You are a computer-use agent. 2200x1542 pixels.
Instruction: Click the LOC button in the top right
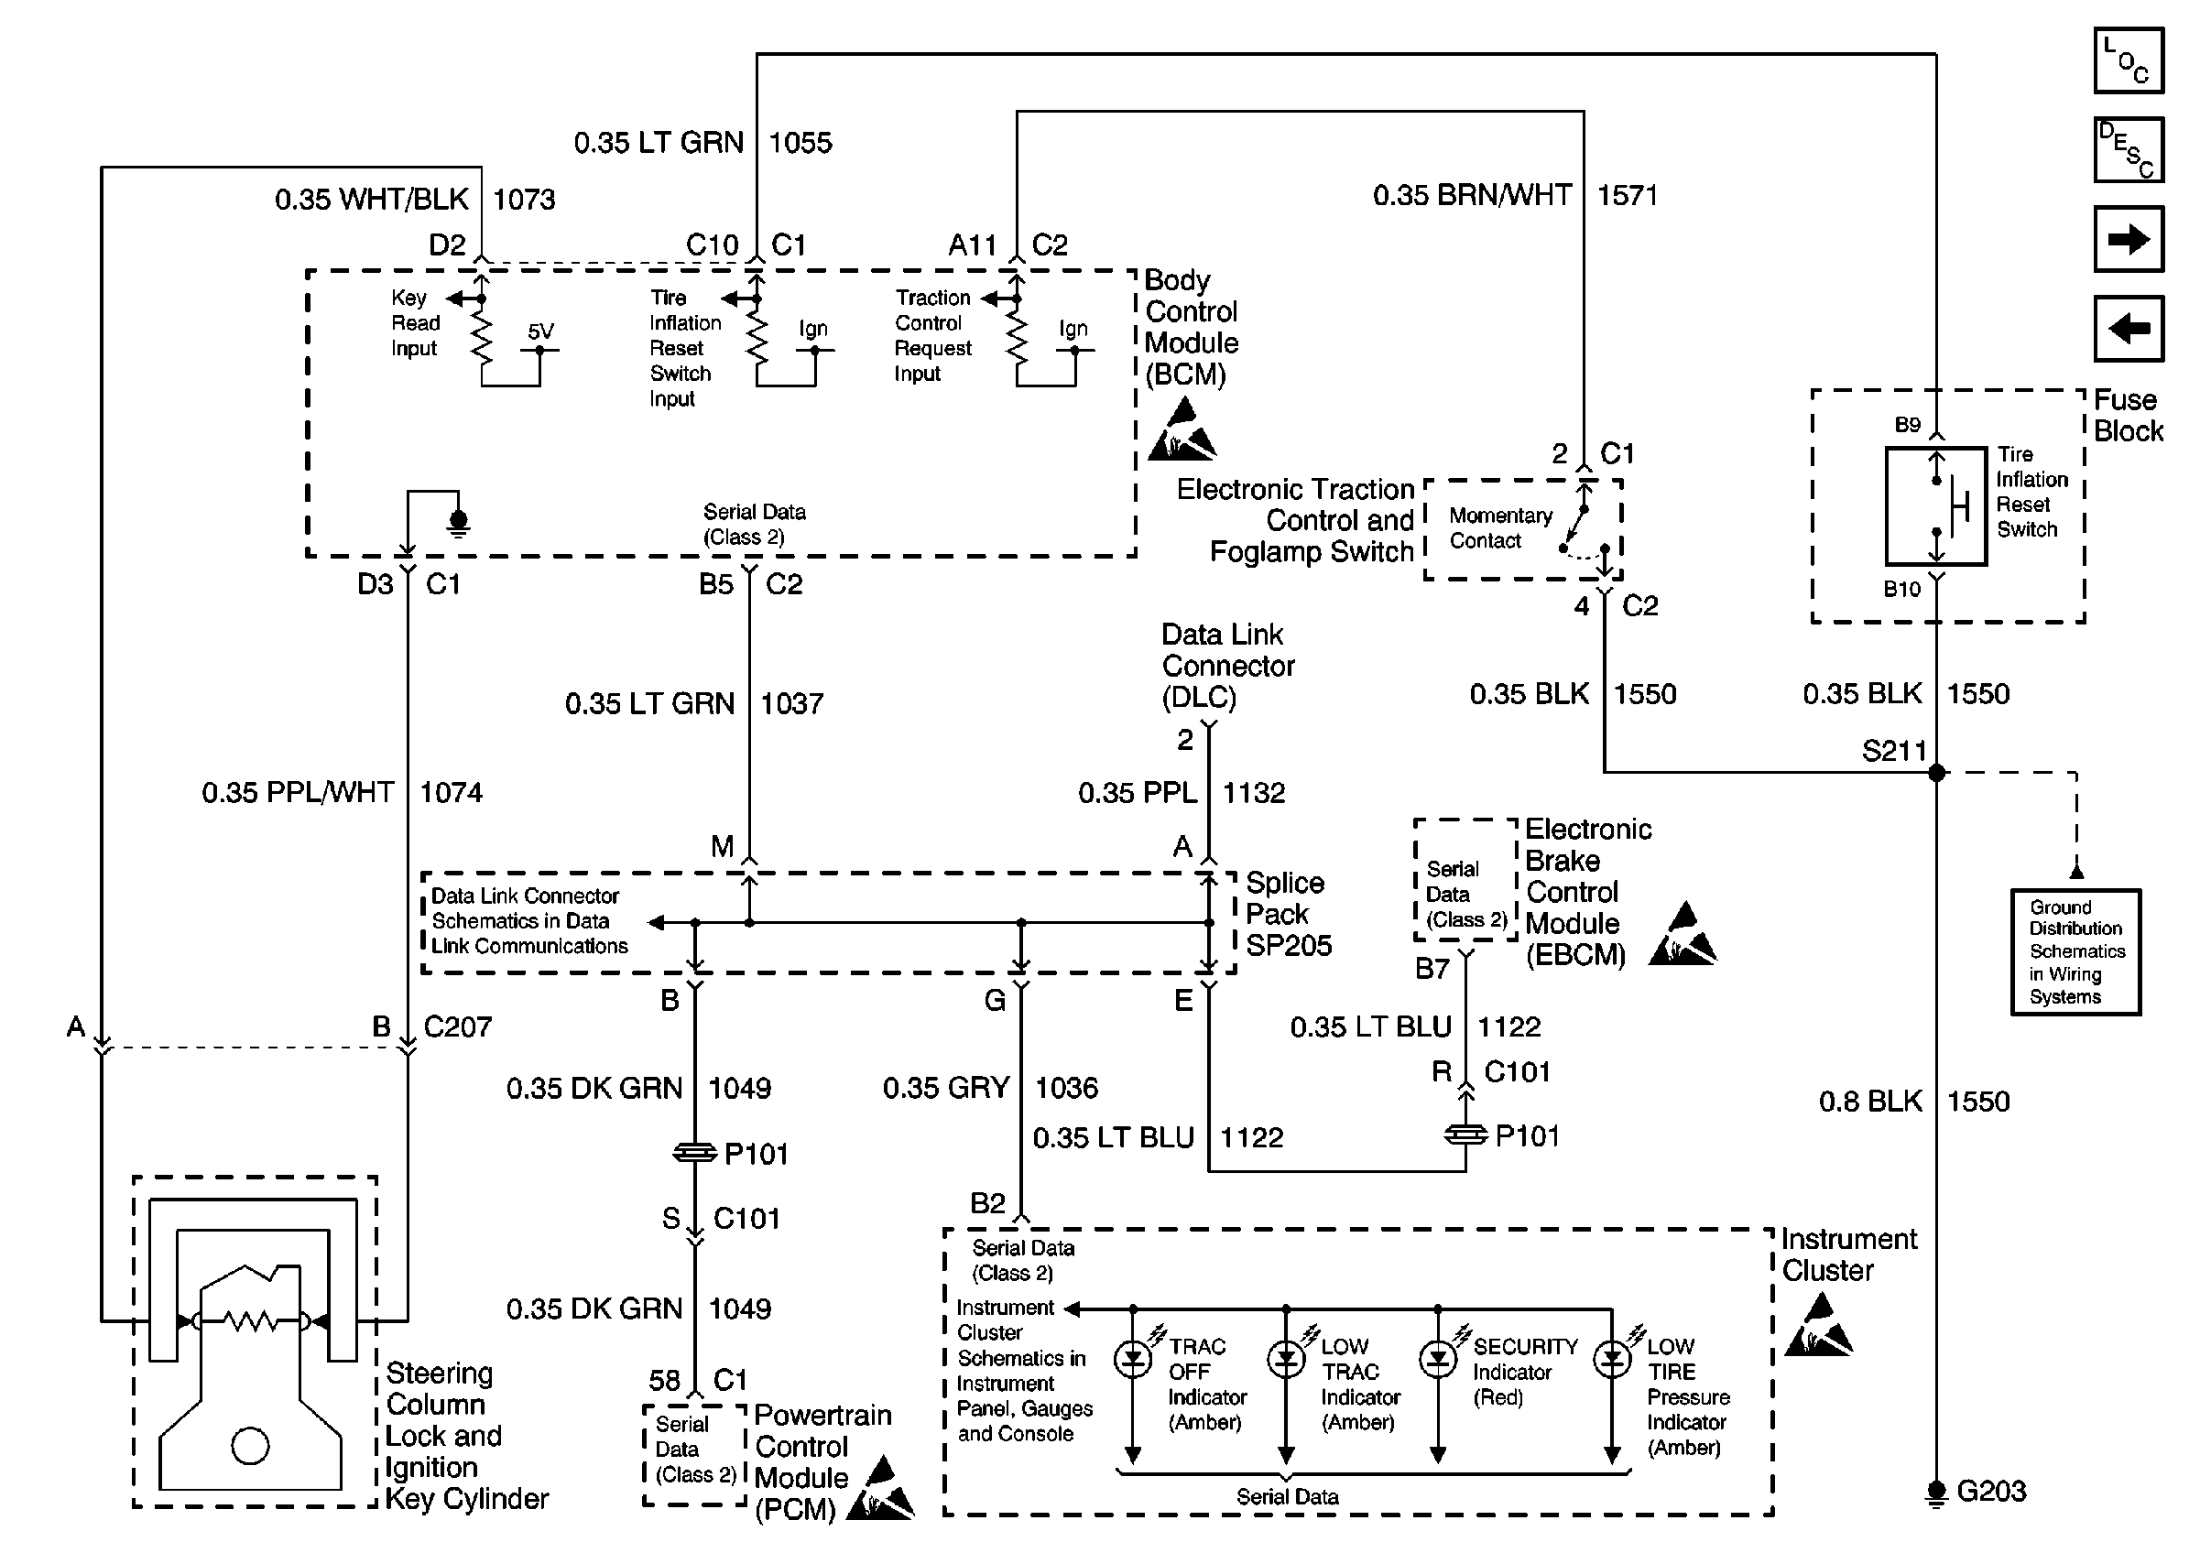coord(2129,61)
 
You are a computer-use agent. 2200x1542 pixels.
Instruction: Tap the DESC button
coord(2129,150)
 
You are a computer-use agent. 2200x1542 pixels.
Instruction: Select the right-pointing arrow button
coord(2129,239)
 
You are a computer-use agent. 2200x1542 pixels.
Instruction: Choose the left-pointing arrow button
coord(2129,329)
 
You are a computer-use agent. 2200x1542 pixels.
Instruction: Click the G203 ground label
coord(1990,1492)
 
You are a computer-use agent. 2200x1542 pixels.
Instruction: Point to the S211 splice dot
coord(1936,772)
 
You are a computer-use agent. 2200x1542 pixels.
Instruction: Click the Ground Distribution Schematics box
coord(2075,952)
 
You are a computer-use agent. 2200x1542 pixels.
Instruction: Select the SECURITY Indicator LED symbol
coord(1437,1359)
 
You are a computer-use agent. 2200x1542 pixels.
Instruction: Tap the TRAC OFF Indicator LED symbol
coord(1133,1359)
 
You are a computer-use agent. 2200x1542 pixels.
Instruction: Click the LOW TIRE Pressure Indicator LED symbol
coord(1612,1359)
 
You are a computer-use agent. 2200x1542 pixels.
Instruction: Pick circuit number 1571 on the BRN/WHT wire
coord(1626,195)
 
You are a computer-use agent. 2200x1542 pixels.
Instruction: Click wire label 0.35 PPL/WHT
coord(297,793)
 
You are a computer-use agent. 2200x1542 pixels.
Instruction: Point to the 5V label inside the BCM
coord(540,331)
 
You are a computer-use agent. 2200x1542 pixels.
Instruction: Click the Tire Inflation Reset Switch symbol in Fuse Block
coord(1936,505)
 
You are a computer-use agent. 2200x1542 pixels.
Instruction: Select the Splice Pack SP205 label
coord(1288,914)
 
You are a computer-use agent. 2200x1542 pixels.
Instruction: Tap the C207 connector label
coord(457,1026)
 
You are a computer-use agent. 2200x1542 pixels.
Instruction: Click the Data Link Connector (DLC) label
coord(1226,666)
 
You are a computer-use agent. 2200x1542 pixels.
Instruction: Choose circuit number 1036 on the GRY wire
coord(1065,1088)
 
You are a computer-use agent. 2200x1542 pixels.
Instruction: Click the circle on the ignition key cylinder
coord(250,1446)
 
